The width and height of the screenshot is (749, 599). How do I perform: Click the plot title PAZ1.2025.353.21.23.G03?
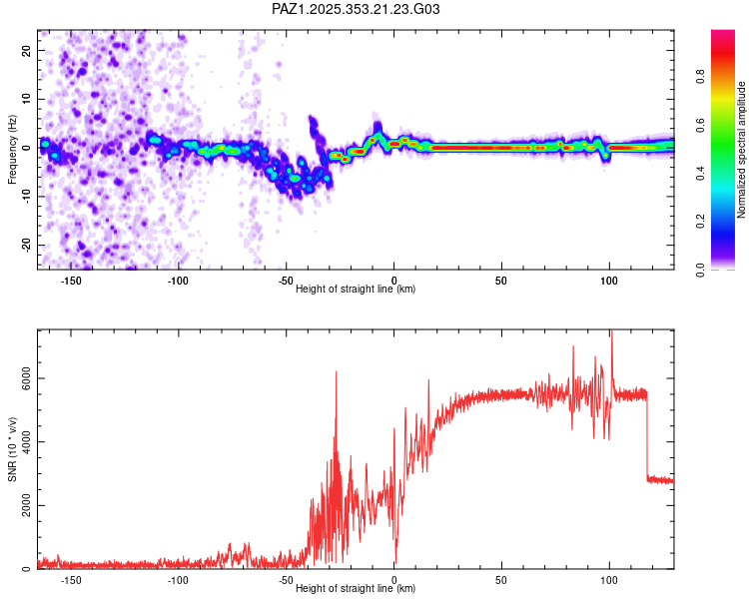[357, 9]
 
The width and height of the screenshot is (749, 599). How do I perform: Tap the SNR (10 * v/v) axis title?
[12, 449]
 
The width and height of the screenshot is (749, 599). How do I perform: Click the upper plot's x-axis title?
[356, 289]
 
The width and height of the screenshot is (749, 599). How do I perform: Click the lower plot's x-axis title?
[356, 588]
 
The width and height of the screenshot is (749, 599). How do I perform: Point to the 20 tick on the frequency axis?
[27, 49]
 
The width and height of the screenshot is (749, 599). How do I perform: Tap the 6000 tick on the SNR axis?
[21, 379]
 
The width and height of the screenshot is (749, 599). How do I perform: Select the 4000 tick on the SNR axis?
[21, 442]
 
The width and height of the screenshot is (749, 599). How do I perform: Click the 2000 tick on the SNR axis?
[21, 506]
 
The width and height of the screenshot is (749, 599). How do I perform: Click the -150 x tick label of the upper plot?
[71, 280]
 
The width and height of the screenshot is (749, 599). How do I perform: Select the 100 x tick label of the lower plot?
[609, 579]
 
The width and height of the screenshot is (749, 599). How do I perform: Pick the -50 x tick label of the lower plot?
[285, 579]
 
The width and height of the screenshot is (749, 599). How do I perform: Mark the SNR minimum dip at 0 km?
[395, 561]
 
